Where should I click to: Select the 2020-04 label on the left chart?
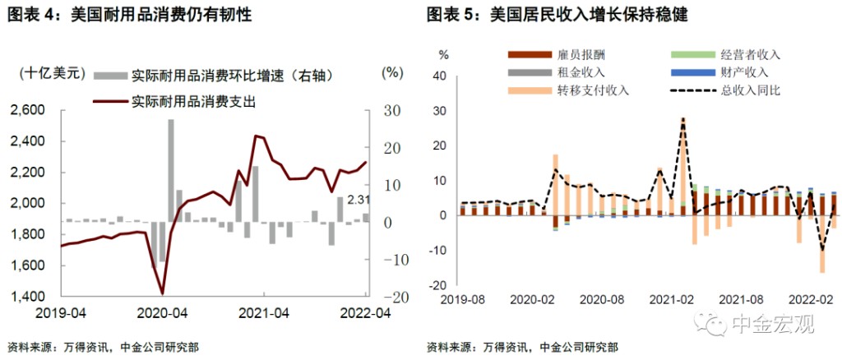(x=162, y=313)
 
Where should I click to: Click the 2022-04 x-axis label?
(x=365, y=313)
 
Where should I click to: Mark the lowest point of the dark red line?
(x=162, y=293)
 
